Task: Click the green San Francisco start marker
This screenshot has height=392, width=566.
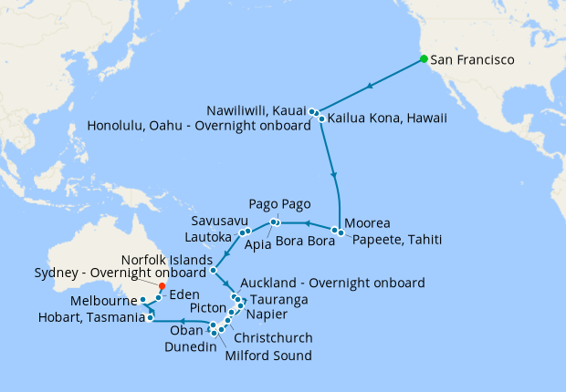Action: click(x=424, y=60)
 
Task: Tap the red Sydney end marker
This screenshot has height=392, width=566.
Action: click(x=162, y=285)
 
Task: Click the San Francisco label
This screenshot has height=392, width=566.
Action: click(x=473, y=60)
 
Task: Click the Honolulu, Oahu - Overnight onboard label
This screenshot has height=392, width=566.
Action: click(x=200, y=126)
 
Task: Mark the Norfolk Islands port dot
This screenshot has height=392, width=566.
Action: click(x=212, y=270)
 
